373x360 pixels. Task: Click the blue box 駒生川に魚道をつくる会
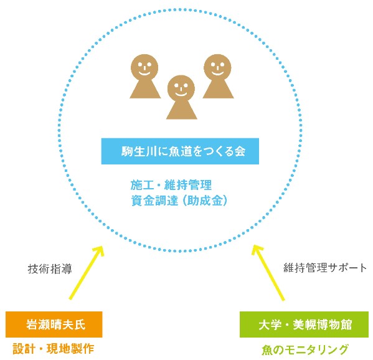click(x=180, y=151)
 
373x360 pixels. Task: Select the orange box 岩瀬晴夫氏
click(x=54, y=324)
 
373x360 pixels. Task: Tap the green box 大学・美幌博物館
click(x=304, y=324)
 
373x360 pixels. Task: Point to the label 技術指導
click(x=50, y=269)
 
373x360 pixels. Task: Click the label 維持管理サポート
click(x=325, y=268)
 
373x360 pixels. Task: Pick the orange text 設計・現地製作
click(x=54, y=349)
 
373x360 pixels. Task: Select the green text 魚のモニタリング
click(x=305, y=350)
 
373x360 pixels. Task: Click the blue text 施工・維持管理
click(x=171, y=185)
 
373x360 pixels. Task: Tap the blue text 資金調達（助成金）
click(x=179, y=201)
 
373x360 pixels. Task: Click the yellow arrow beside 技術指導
click(x=87, y=272)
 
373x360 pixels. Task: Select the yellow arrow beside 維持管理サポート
click(x=268, y=273)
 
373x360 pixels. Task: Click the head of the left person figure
click(x=144, y=67)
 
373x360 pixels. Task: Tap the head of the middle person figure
click(x=181, y=88)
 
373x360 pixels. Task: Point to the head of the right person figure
click(x=217, y=67)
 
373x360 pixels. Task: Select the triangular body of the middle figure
click(x=181, y=109)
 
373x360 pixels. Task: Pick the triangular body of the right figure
click(x=218, y=88)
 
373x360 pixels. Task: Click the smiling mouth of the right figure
click(x=217, y=72)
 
